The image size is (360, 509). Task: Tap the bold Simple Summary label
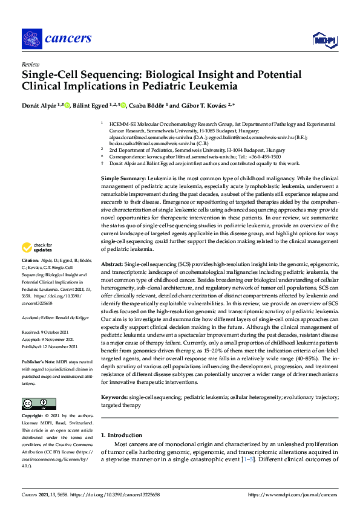point(123,179)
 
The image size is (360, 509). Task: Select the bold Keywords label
point(114,397)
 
